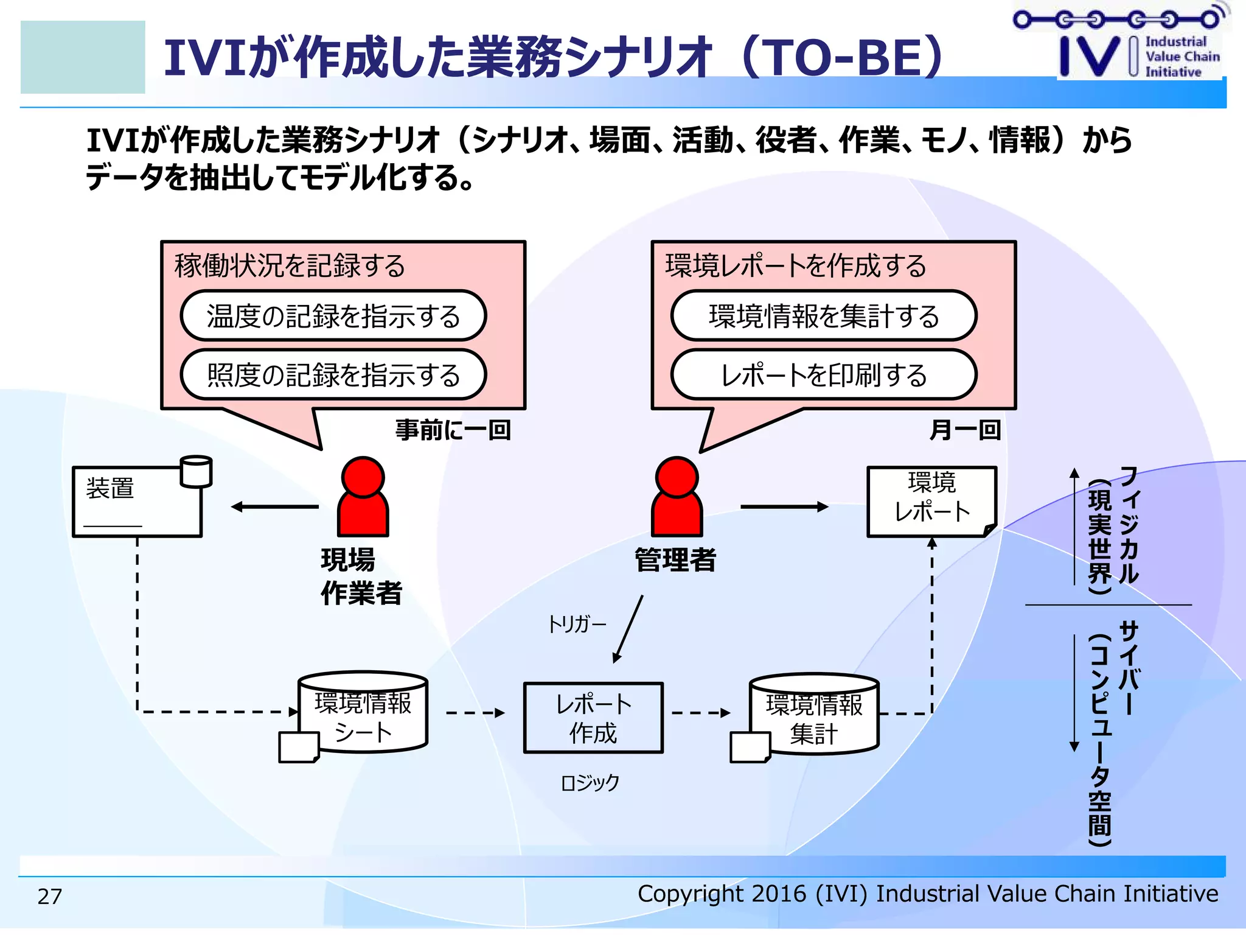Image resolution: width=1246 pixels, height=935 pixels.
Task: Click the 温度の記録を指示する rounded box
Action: point(333,316)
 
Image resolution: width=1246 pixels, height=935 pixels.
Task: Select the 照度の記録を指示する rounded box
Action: point(333,375)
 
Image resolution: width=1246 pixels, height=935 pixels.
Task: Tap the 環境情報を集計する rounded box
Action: point(824,316)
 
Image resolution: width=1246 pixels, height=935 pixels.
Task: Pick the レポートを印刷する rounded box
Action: point(824,375)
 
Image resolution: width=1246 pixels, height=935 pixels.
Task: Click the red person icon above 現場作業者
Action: point(363,497)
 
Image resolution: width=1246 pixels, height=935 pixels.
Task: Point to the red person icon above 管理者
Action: point(677,497)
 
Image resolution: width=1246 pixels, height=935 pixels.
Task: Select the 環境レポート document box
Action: point(931,502)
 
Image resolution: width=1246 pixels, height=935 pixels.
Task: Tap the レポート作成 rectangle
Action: point(593,718)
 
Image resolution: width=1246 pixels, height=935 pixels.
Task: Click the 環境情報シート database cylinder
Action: point(363,712)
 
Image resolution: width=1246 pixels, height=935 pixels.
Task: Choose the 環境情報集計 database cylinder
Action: point(814,714)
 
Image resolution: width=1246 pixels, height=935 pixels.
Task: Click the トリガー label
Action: point(576,625)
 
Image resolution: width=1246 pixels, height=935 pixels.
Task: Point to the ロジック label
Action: point(590,782)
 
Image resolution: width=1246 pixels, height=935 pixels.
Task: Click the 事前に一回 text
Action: point(453,430)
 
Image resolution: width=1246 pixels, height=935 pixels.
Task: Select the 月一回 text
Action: point(965,430)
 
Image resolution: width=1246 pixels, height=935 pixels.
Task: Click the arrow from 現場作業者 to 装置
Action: point(275,506)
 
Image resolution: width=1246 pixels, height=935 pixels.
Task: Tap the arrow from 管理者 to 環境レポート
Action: point(784,506)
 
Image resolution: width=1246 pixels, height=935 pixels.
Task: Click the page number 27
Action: point(50,896)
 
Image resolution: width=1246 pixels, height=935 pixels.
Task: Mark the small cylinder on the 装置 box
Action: point(196,472)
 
